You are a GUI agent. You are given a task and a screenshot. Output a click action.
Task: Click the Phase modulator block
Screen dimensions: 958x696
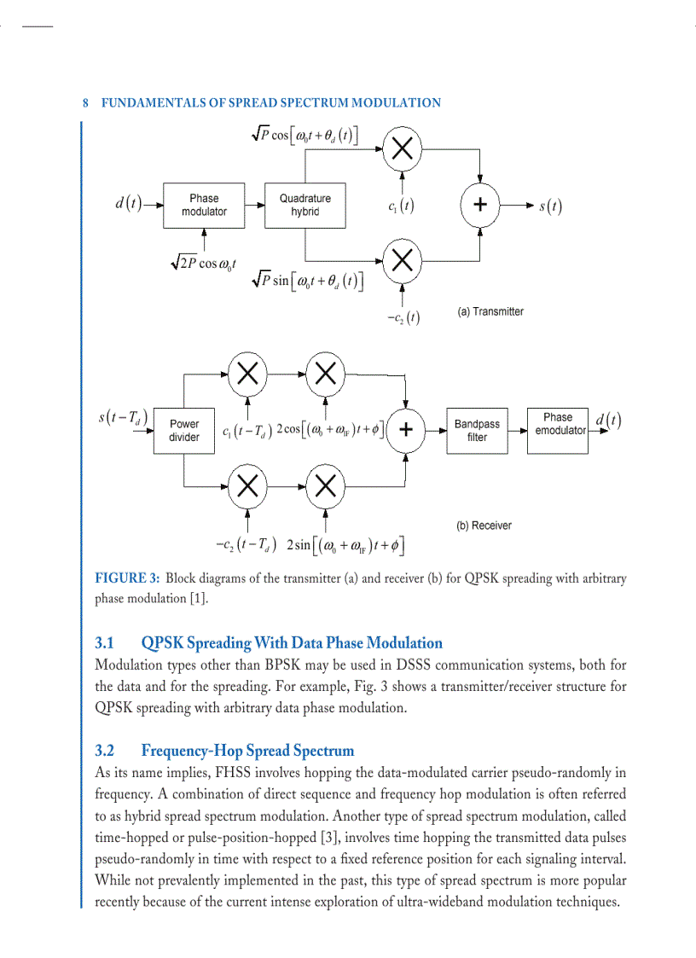coord(203,205)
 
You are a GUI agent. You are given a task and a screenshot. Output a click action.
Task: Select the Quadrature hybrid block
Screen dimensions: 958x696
coord(304,205)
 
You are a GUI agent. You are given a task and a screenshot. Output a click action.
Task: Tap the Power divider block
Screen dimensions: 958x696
coord(184,430)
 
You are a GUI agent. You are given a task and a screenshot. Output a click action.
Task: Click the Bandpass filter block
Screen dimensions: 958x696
coord(477,430)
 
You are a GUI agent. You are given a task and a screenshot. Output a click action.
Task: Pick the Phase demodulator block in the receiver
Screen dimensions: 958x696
coord(560,424)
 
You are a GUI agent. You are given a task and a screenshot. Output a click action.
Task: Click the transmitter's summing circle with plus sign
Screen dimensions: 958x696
coord(480,205)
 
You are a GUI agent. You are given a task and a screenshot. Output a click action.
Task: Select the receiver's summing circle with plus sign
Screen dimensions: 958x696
coord(407,430)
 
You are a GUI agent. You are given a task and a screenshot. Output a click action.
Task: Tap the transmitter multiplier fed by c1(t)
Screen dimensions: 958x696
coord(403,150)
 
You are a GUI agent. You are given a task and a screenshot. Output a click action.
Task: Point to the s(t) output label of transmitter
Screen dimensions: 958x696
coord(550,206)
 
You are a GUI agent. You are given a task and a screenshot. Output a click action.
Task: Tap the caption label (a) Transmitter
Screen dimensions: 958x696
coord(490,311)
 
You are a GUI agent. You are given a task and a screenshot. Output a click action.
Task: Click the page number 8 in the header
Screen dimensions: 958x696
coord(86,103)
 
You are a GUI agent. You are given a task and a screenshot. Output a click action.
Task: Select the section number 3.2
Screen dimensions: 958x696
coord(105,751)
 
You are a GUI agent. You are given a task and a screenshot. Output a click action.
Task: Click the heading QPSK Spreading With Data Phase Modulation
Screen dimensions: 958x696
coord(292,642)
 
